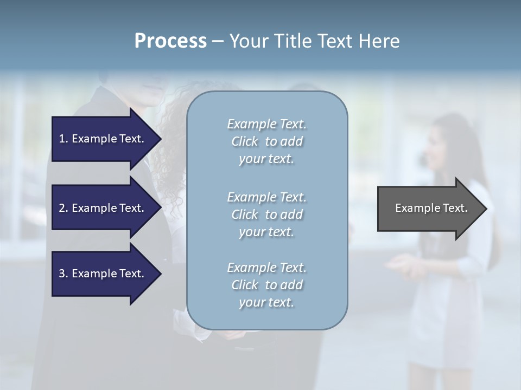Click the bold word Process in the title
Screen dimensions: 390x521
[170, 41]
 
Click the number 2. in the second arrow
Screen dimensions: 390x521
[63, 208]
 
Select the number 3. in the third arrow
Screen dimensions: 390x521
[63, 274]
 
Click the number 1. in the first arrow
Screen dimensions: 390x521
[63, 139]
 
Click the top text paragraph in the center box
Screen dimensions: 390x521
[266, 141]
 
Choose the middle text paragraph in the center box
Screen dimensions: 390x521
[266, 214]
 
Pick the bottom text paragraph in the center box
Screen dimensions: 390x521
[266, 285]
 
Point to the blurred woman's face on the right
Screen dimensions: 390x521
[437, 152]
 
